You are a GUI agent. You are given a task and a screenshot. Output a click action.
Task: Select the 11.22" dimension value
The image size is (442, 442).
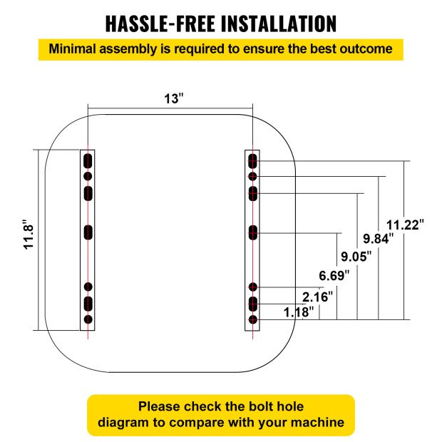[x=405, y=223]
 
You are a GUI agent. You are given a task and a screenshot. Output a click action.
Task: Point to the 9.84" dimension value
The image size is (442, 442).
[x=378, y=239]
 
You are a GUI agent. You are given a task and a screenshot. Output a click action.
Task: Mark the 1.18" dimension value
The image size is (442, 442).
[x=299, y=312]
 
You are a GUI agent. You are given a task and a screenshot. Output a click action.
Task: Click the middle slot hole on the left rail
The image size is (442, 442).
[x=88, y=232]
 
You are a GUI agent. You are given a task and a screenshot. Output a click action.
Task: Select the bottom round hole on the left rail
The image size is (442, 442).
[x=88, y=320]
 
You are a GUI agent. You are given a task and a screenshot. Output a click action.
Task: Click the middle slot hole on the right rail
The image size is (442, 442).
[x=252, y=231]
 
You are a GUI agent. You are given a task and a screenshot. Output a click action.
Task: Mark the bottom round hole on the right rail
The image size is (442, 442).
[x=252, y=320]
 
